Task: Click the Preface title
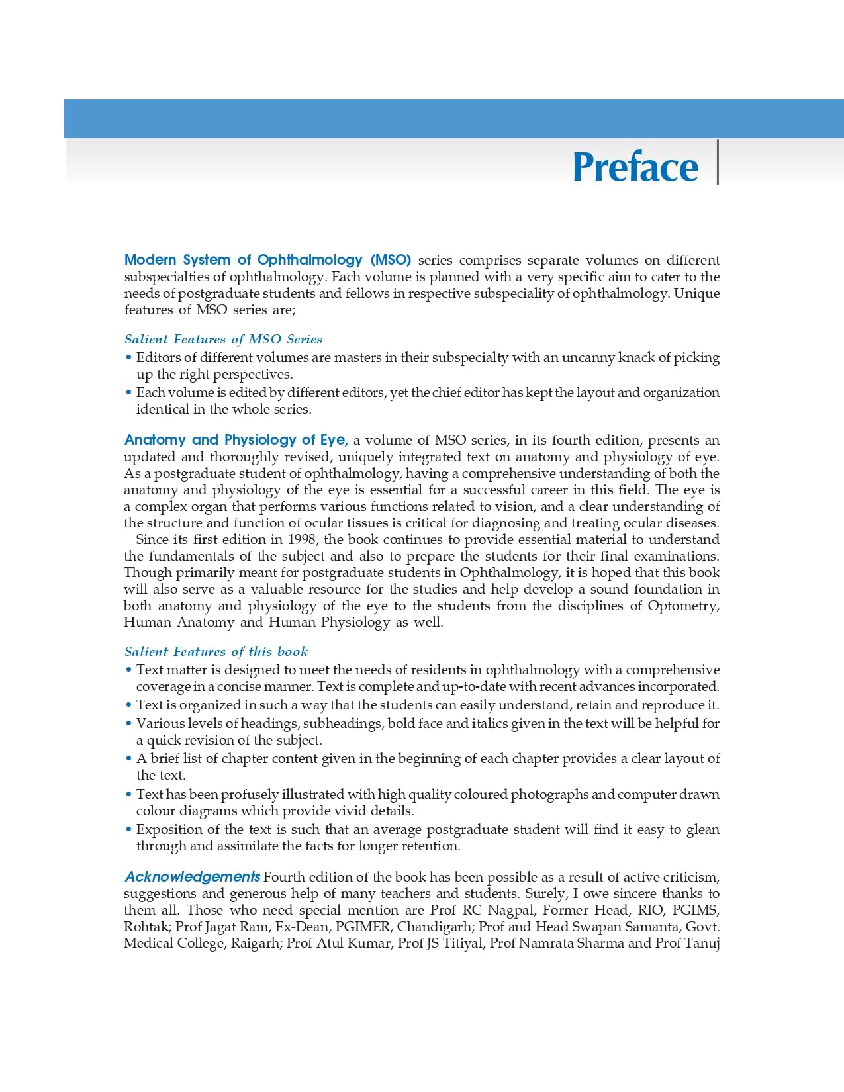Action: (635, 167)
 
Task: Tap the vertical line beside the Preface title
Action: (718, 162)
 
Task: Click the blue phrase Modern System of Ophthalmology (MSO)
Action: (267, 259)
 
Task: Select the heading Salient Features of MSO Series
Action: (223, 339)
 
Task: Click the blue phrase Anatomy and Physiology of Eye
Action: (236, 440)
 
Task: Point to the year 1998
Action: (301, 539)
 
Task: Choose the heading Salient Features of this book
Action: (216, 651)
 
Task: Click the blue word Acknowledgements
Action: (192, 877)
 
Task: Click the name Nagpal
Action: (510, 910)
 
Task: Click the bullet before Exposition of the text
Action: (128, 829)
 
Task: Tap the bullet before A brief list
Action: (128, 758)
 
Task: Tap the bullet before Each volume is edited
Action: (128, 392)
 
